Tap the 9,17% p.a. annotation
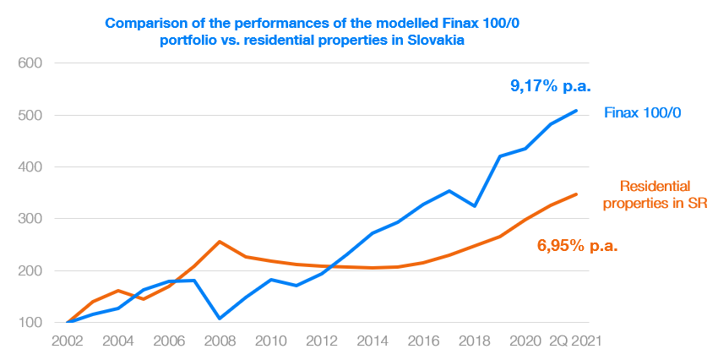[553, 85]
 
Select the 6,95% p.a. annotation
[578, 247]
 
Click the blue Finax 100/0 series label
[643, 112]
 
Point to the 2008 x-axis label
[220, 341]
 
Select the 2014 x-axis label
[372, 341]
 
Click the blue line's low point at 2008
[220, 319]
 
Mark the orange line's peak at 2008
[220, 242]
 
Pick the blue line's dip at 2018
[475, 206]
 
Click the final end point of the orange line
[577, 194]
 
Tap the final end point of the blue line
[577, 111]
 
